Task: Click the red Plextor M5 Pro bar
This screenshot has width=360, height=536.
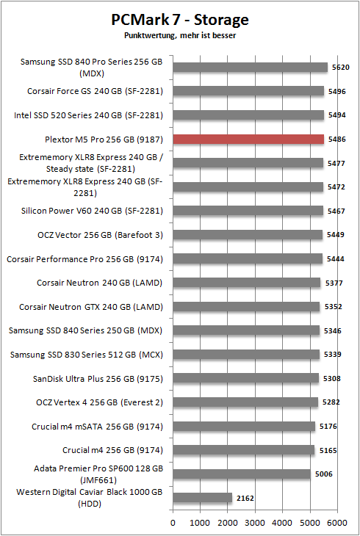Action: pos(248,139)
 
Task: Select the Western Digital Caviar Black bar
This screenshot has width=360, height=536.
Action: pos(203,498)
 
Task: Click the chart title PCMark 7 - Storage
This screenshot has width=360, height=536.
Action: pos(180,20)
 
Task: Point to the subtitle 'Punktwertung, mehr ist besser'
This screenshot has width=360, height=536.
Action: pos(180,35)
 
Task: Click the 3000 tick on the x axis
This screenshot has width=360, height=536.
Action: pos(255,523)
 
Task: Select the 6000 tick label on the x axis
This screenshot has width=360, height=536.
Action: pos(336,523)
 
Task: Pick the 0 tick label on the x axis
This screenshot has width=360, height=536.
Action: pos(173,523)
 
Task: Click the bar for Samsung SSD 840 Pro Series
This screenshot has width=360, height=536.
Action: pos(251,68)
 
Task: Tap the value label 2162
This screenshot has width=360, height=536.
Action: pos(245,498)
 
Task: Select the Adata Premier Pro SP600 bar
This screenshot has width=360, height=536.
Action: pos(242,474)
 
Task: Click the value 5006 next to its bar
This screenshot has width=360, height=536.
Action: pos(323,474)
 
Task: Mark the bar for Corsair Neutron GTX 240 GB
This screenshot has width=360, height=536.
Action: pos(246,306)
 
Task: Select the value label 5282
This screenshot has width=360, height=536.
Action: pos(331,402)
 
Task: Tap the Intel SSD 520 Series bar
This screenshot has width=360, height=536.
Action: pos(248,115)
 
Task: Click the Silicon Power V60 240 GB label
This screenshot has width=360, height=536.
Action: pos(92,211)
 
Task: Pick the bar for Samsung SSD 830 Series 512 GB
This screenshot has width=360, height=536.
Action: pos(246,354)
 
